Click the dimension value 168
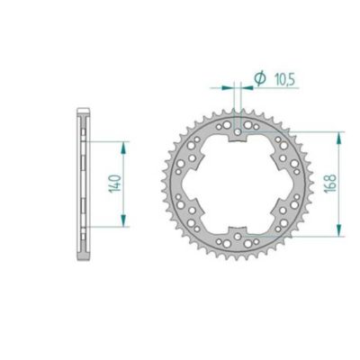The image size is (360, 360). pyautogui.click(x=332, y=184)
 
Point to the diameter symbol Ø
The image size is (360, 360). pyautogui.click(x=258, y=80)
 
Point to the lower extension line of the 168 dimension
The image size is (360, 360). pyautogui.click(x=297, y=236)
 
